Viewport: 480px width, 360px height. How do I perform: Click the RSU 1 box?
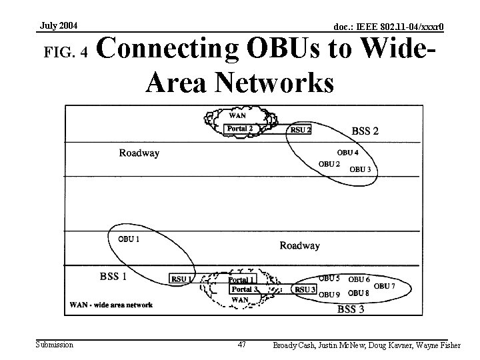[x=181, y=279]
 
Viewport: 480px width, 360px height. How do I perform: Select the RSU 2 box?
[x=300, y=130]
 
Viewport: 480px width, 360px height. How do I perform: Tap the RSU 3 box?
[x=305, y=289]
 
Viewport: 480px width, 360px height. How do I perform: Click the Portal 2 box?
[x=240, y=129]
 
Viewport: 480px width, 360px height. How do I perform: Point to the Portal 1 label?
[x=241, y=280]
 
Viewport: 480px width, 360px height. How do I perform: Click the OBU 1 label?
[x=129, y=239]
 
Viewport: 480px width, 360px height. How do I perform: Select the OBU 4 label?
[x=347, y=153]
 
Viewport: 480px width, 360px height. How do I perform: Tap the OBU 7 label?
[x=385, y=286]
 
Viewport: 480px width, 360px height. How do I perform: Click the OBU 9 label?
[x=329, y=294]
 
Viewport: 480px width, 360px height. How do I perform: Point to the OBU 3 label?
[x=360, y=169]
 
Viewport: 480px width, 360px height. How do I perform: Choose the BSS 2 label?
[x=365, y=131]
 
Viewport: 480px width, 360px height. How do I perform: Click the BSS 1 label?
[x=113, y=276]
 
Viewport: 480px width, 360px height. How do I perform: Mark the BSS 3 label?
[x=351, y=309]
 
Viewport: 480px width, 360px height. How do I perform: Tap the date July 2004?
[x=59, y=26]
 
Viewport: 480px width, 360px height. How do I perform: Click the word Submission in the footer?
[x=55, y=345]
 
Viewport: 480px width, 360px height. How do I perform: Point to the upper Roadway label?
[x=139, y=153]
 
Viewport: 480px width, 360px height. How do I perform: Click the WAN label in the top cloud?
[x=237, y=115]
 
